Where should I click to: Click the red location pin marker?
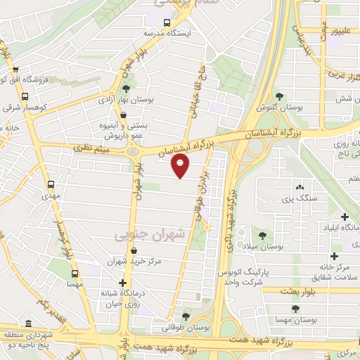point(181,165)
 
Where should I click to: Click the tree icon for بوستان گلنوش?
point(280,96)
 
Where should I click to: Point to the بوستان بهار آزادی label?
point(125,101)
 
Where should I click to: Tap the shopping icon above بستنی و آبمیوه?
point(124,116)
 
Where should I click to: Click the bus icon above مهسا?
point(74,274)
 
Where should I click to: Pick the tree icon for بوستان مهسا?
point(294,308)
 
